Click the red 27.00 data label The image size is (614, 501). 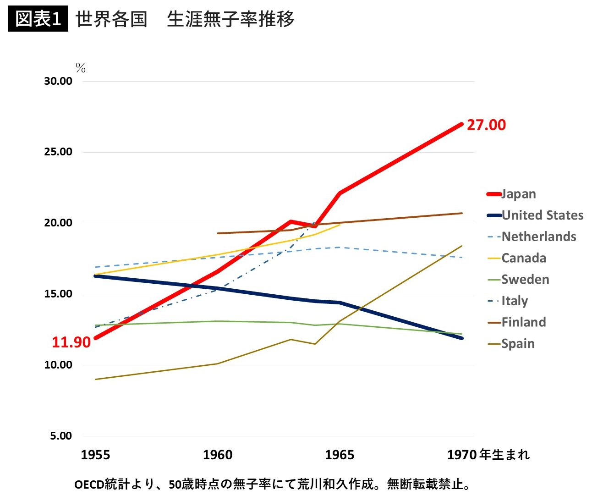pos(486,125)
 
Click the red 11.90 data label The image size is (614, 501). pos(71,342)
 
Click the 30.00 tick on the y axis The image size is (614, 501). pos(58,81)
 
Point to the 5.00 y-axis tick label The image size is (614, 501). pos(61,436)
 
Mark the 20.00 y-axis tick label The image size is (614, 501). pos(58,223)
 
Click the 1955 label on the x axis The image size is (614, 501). pos(95,455)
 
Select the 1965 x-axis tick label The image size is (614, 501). pos(340,455)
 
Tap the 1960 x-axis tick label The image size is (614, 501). pos(218,455)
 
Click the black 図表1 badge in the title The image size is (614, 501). pos(38,19)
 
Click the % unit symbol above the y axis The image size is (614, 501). pos(81,68)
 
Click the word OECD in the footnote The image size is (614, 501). pos(89,484)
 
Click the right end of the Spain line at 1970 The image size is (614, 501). pos(461,246)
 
